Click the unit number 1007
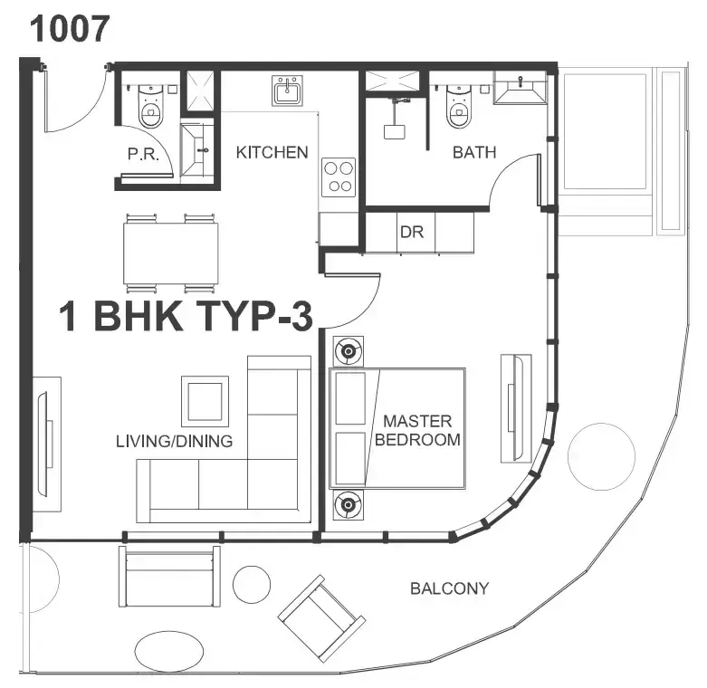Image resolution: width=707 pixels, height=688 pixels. click(x=70, y=28)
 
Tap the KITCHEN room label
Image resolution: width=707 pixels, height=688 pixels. click(x=272, y=152)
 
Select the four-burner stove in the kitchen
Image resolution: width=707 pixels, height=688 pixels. click(x=339, y=177)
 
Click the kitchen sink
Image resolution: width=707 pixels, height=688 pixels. click(x=287, y=91)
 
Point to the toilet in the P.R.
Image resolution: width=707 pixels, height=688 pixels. click(x=150, y=106)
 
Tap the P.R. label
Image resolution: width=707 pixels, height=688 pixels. click(x=143, y=154)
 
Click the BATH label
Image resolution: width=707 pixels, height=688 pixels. click(x=474, y=152)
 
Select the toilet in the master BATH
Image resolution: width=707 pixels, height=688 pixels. click(x=459, y=107)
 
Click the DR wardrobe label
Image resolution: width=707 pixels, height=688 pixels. click(x=412, y=232)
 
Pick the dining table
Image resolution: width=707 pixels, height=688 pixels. click(x=171, y=253)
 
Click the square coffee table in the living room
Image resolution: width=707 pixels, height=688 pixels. click(x=205, y=401)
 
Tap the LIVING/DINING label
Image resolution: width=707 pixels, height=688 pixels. click(x=175, y=441)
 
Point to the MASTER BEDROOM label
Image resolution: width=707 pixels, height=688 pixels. click(x=417, y=430)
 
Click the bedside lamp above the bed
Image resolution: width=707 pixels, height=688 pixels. click(x=349, y=350)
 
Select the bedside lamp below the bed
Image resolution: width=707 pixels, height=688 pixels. click(x=349, y=505)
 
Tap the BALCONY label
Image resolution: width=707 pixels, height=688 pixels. click(x=450, y=588)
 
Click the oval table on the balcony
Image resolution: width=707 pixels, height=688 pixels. click(x=169, y=652)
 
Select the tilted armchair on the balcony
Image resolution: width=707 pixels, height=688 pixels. click(x=321, y=618)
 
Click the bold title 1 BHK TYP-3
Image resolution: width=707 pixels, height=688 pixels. click(x=186, y=316)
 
